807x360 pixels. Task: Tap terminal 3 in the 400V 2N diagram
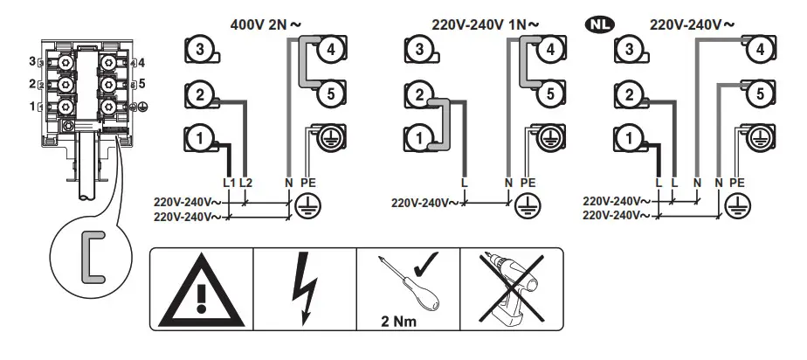[201, 51]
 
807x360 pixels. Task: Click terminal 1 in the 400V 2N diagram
[201, 137]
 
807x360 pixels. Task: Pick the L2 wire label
[246, 182]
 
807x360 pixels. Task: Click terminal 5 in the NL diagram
[760, 92]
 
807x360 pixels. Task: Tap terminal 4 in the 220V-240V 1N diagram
[548, 51]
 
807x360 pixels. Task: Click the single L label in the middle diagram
[465, 182]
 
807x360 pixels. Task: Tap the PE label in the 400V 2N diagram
[308, 182]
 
